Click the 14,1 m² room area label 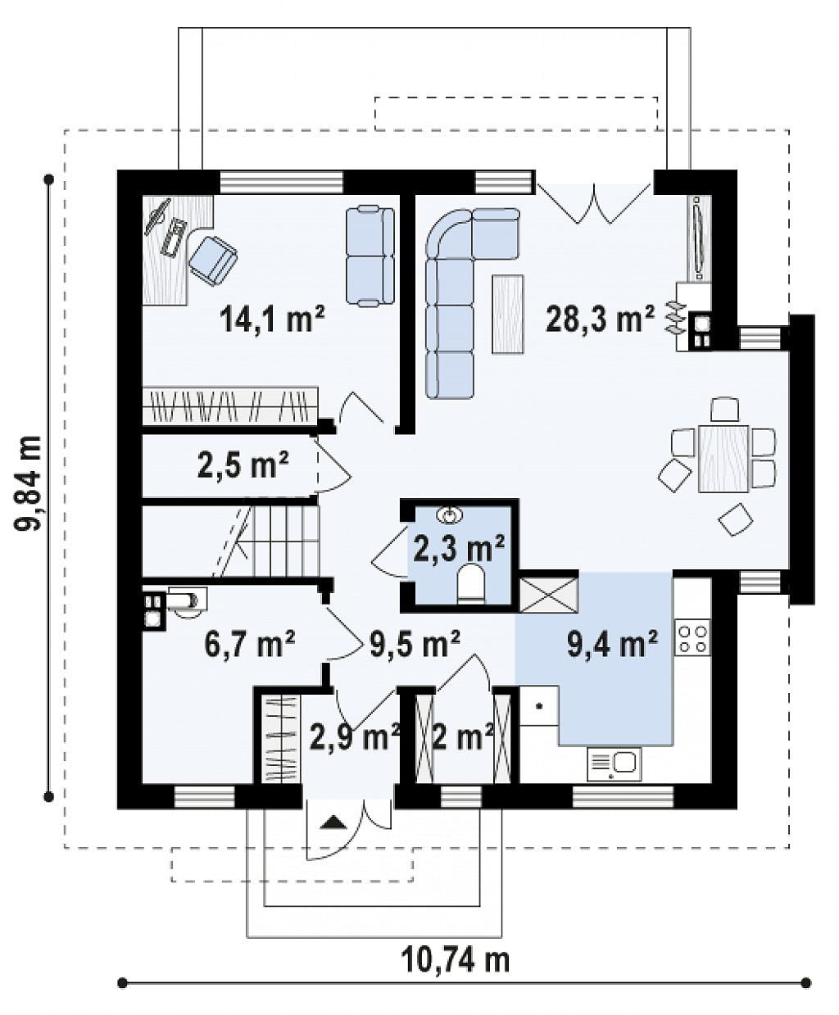click(272, 319)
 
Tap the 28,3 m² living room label click(600, 319)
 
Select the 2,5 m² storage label click(243, 464)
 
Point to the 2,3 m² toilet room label click(458, 548)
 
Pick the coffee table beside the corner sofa click(508, 314)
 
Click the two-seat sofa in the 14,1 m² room click(370, 256)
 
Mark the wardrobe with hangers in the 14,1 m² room click(230, 406)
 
